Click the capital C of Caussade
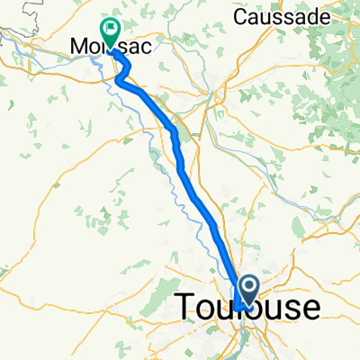pyautogui.click(x=240, y=16)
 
